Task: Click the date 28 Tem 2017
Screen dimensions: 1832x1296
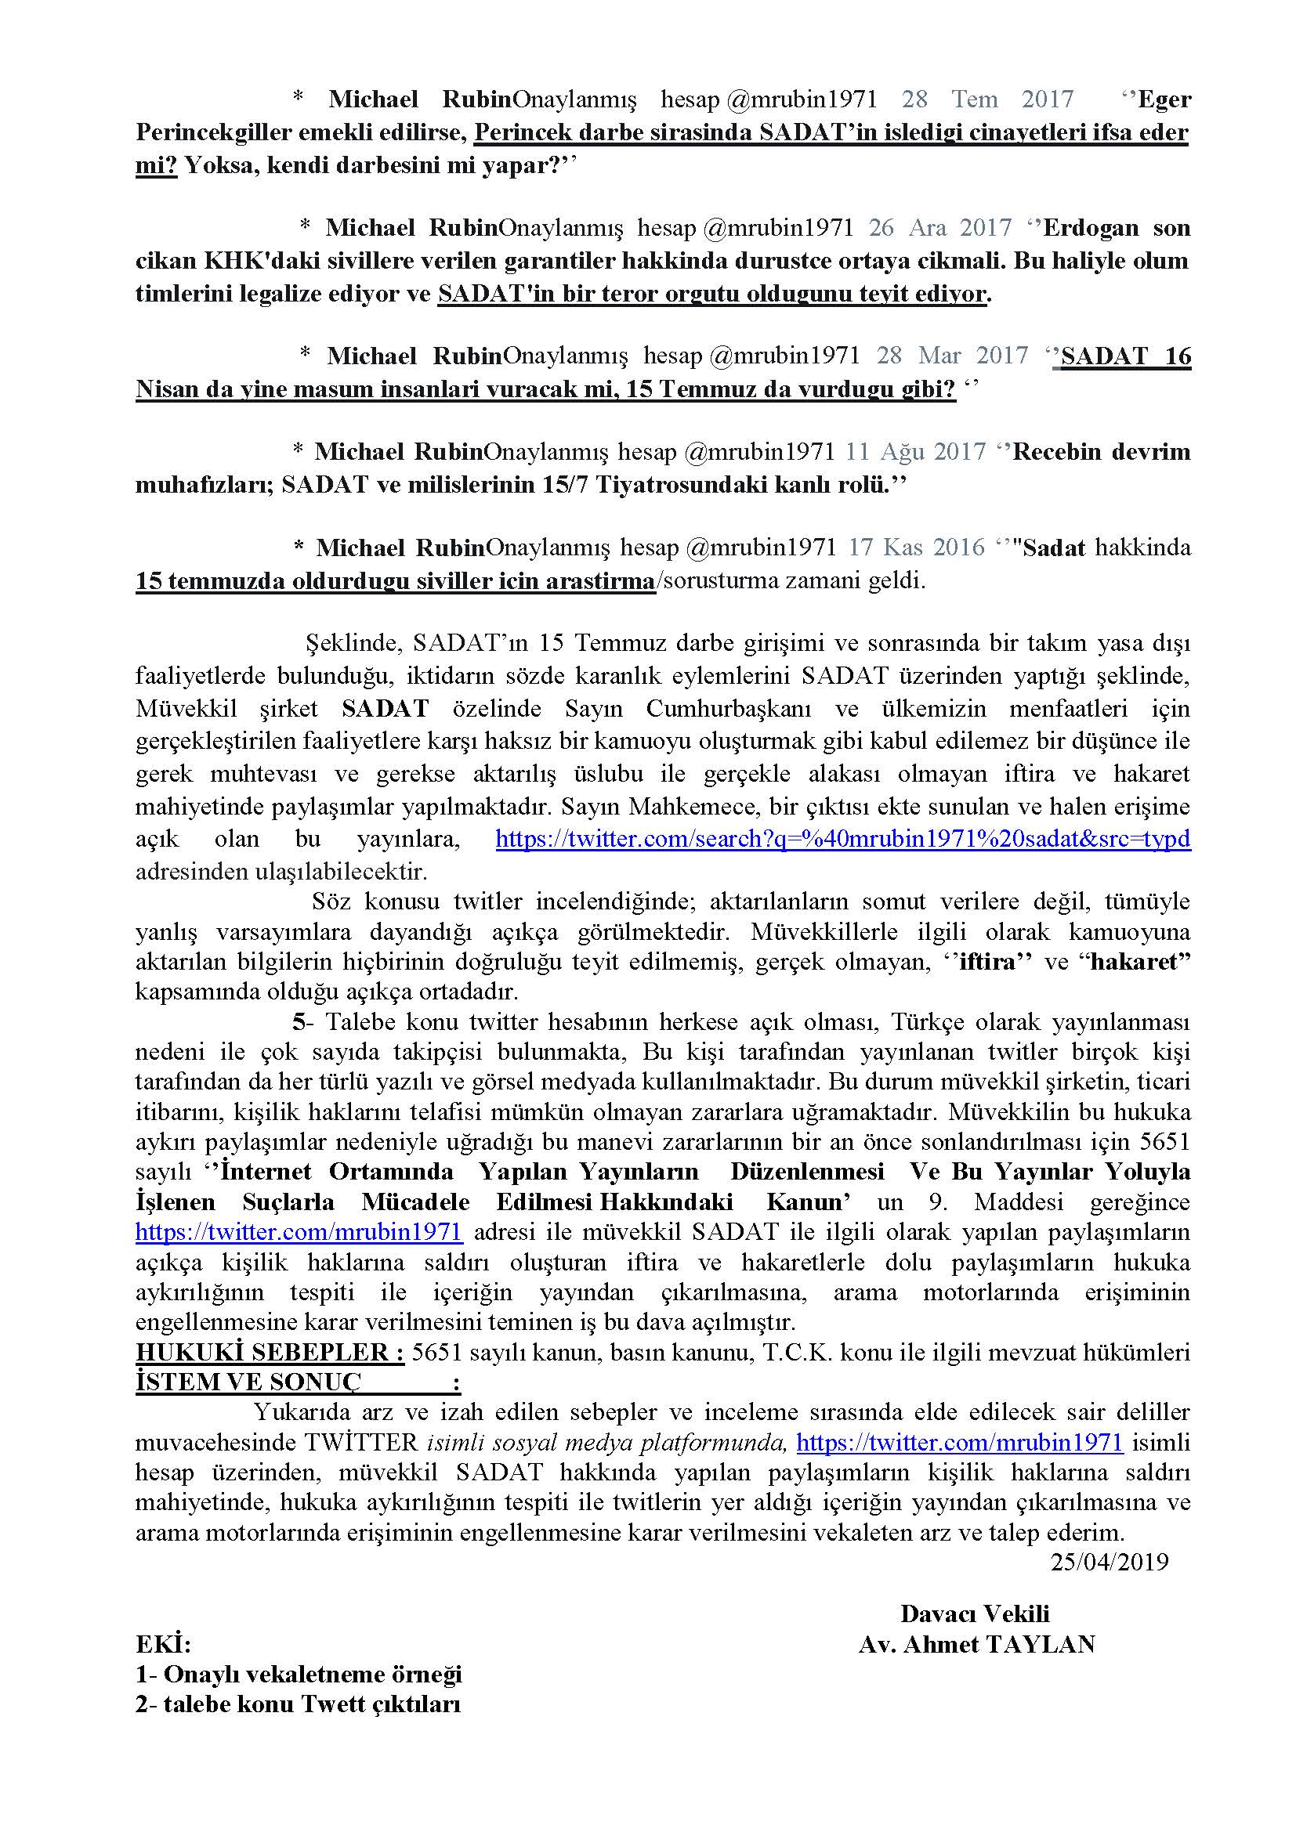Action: point(987,99)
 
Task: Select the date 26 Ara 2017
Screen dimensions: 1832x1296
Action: point(940,227)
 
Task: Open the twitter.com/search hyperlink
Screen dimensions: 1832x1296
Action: point(843,839)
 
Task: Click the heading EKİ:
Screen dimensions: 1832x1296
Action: point(163,1645)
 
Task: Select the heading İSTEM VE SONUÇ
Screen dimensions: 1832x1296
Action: point(248,1382)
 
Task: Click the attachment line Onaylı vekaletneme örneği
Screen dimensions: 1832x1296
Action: point(299,1674)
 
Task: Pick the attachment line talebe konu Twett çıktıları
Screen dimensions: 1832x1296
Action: point(299,1704)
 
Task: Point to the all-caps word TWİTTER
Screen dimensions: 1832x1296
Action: point(373,1443)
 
